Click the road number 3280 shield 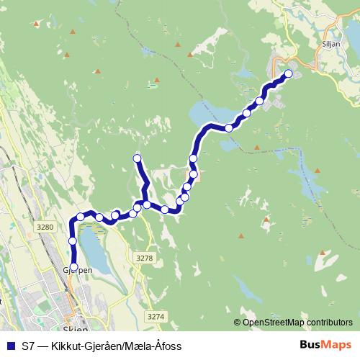(45, 228)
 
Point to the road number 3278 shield (144, 257)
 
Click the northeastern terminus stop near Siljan (289, 73)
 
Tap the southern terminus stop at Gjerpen (73, 266)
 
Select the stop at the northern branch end (137, 158)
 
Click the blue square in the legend (10, 346)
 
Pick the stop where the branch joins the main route (146, 204)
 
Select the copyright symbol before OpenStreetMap (238, 323)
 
